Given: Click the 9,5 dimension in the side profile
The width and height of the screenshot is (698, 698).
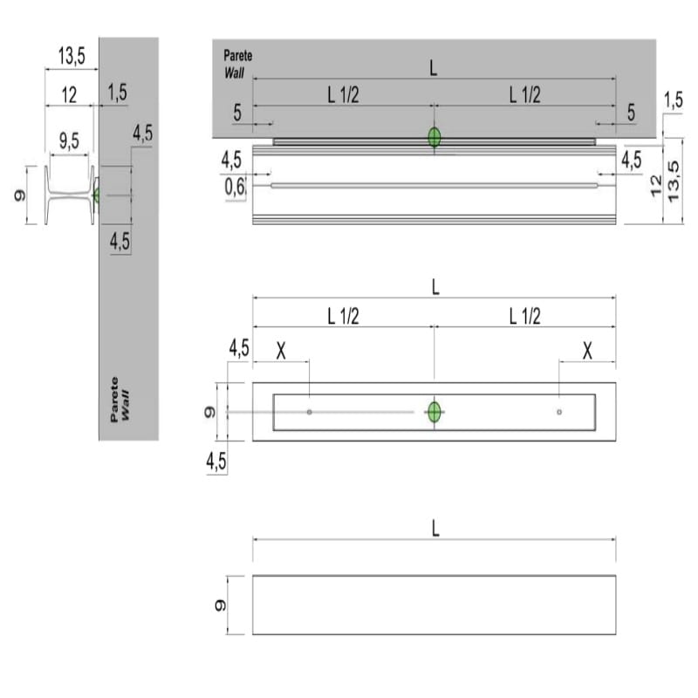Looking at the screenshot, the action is [x=69, y=140].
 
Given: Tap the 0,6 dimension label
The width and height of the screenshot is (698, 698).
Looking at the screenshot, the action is [x=235, y=187].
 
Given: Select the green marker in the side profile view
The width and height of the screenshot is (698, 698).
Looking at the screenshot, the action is [x=96, y=195].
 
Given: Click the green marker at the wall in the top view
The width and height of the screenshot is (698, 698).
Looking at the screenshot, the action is [x=434, y=137].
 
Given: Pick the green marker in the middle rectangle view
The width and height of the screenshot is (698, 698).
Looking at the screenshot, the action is [x=434, y=412].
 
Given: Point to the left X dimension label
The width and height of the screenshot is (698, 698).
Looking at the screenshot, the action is [x=281, y=352].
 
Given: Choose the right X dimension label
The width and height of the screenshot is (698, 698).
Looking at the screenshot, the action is [x=587, y=352].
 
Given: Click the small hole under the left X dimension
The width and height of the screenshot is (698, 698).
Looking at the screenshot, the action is [x=310, y=412].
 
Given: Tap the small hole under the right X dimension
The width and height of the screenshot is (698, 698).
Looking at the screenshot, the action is [x=559, y=412].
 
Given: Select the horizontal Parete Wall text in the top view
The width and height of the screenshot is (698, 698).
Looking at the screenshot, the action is [x=237, y=64].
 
